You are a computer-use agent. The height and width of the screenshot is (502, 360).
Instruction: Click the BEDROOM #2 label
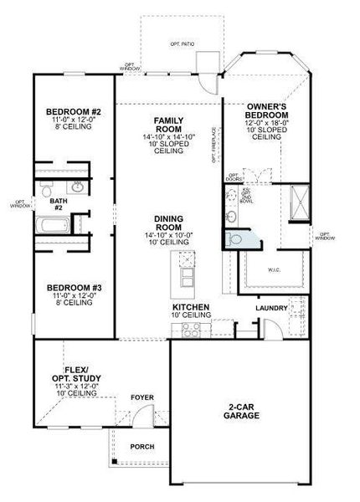tap(73, 113)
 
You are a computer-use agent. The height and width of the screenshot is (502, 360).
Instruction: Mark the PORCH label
tap(141, 446)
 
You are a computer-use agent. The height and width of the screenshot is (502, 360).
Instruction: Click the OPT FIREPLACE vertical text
tap(215, 144)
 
